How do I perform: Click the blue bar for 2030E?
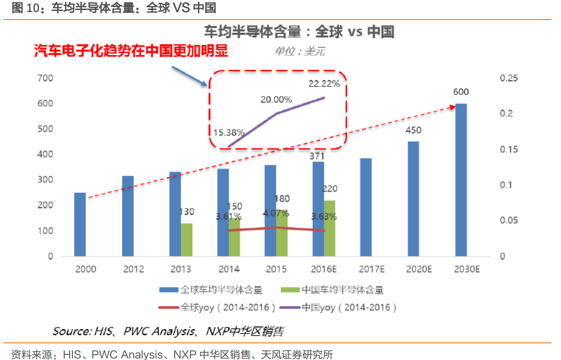click(x=461, y=180)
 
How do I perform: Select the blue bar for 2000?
click(x=80, y=224)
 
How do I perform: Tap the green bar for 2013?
click(x=187, y=240)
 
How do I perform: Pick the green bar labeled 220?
click(x=330, y=228)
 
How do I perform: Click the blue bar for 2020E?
click(x=413, y=199)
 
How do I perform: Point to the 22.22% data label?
click(x=324, y=84)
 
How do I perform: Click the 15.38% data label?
click(x=229, y=133)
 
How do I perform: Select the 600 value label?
click(x=461, y=92)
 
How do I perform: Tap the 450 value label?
click(x=413, y=130)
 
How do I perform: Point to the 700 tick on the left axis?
click(x=46, y=78)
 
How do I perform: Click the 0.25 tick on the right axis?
click(x=509, y=78)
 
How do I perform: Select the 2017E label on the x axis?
click(x=371, y=269)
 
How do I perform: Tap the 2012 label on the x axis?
click(x=133, y=269)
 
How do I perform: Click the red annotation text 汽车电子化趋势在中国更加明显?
click(x=131, y=50)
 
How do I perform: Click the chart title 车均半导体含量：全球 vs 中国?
click(x=299, y=32)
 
